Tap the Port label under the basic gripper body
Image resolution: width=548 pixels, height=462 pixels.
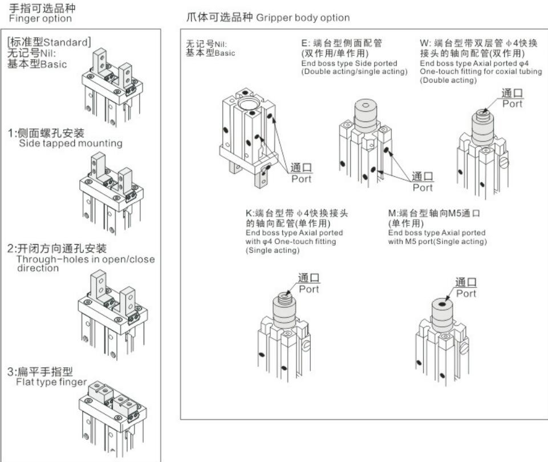tap(302, 179)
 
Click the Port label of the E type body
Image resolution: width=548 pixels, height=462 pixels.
tap(423, 187)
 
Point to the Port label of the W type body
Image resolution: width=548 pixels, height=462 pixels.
tap(512, 104)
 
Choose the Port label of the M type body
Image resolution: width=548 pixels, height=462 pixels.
tap(466, 293)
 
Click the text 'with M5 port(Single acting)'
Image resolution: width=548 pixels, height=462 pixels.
tap(437, 241)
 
